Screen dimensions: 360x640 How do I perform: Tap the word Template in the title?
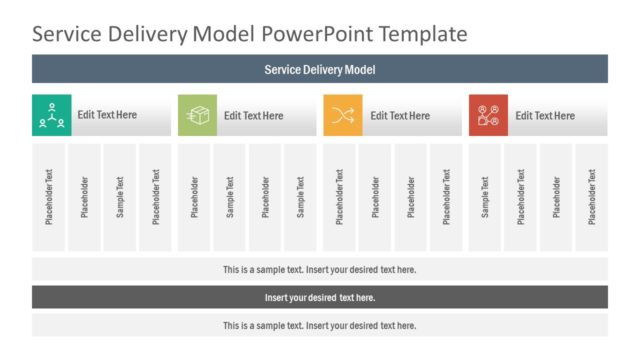click(x=418, y=34)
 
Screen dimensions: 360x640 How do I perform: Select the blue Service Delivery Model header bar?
click(x=319, y=69)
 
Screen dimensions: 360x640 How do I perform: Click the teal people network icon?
click(x=51, y=115)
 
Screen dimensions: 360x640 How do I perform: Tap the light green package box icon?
click(x=197, y=115)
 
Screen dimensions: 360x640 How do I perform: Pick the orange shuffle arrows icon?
click(x=343, y=115)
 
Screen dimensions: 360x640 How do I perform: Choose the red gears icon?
click(x=488, y=115)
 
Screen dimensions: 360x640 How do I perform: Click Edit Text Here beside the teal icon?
click(x=107, y=115)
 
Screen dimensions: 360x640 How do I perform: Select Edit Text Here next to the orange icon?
click(x=400, y=115)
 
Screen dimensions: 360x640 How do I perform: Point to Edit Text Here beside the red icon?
click(x=545, y=115)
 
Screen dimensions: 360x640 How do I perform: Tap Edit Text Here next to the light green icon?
click(x=253, y=115)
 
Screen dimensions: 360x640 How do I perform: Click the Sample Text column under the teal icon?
click(x=120, y=197)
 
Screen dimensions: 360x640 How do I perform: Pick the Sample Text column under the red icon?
click(x=486, y=197)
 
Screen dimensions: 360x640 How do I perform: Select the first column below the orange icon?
click(x=339, y=197)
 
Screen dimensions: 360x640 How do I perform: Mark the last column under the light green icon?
click(x=300, y=197)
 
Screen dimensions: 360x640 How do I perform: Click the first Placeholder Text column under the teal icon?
click(x=49, y=197)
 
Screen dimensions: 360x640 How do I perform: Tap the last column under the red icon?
click(x=592, y=197)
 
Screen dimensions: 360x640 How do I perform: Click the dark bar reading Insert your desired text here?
click(x=319, y=297)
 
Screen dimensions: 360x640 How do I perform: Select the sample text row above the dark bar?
click(x=319, y=269)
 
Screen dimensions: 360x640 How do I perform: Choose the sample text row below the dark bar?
click(x=319, y=325)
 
